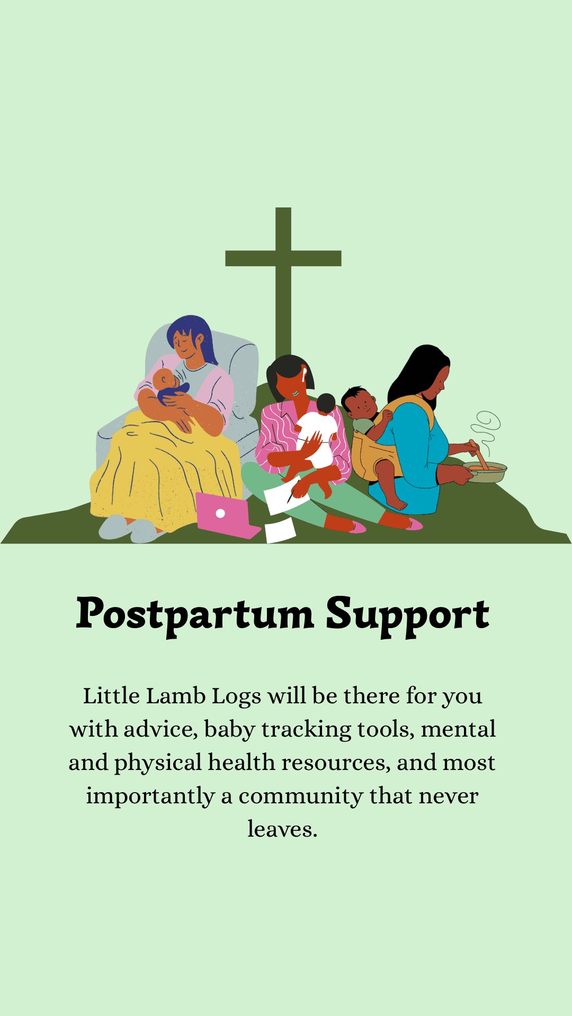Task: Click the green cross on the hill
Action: click(283, 259)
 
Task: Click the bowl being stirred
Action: click(485, 472)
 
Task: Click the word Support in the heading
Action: click(407, 615)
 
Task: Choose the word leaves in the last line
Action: click(282, 829)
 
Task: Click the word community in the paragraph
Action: click(300, 796)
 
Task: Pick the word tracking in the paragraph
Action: click(306, 730)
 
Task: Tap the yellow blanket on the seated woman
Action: click(159, 466)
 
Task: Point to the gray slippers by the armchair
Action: click(127, 529)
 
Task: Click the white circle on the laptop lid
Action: click(220, 513)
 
